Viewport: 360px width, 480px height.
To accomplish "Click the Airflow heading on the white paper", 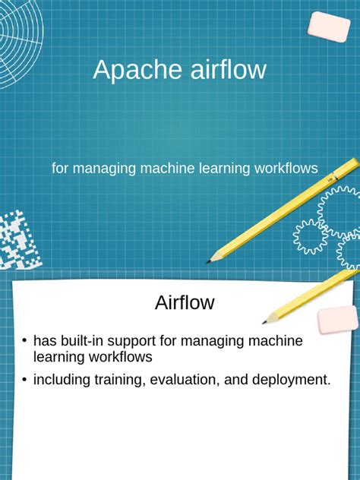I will pyautogui.click(x=185, y=302).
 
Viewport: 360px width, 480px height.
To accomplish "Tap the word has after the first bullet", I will pyautogui.click(x=45, y=341).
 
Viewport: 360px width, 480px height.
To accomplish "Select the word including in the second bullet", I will pyautogui.click(x=61, y=381).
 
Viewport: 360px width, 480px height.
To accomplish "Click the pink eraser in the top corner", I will pyautogui.click(x=329, y=27).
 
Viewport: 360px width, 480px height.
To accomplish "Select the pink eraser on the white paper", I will pyautogui.click(x=337, y=320).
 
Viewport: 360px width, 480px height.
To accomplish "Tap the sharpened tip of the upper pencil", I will pyautogui.click(x=208, y=262).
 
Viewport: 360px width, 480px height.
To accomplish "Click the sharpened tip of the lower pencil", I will pyautogui.click(x=265, y=322).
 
